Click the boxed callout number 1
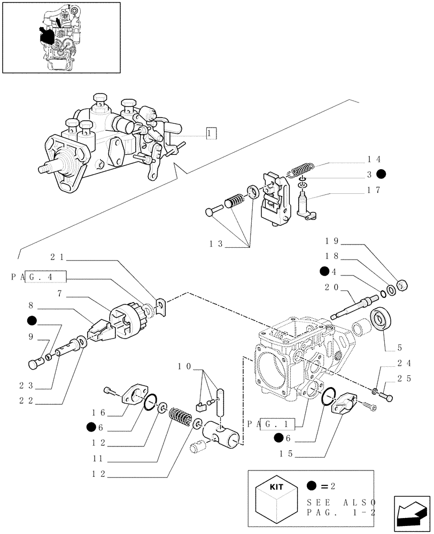[x=211, y=133]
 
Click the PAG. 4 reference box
[x=38, y=277]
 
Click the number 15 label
[x=286, y=454]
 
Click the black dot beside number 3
[x=381, y=174]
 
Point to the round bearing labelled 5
[x=382, y=319]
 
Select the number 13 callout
[x=215, y=244]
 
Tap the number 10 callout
[x=184, y=367]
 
